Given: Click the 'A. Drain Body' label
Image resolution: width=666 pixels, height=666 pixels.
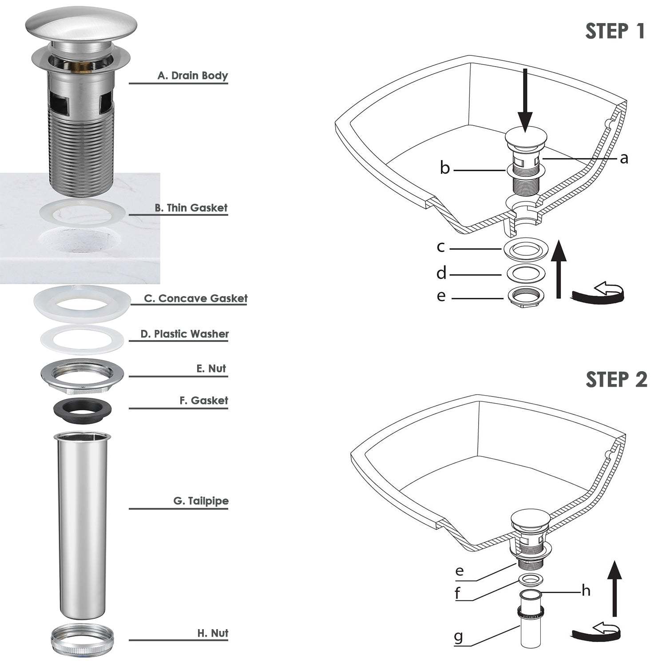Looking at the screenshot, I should tap(192, 75).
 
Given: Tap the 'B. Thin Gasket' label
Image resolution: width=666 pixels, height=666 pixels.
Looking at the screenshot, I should tap(191, 208).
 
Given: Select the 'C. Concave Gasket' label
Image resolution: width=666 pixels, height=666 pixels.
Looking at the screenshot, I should tap(195, 298).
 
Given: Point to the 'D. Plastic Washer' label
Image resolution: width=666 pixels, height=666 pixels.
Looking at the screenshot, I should tap(184, 334).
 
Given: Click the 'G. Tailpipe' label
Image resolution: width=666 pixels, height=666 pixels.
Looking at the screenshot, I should tap(201, 501).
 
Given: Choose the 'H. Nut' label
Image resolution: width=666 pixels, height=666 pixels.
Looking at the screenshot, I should tap(213, 633).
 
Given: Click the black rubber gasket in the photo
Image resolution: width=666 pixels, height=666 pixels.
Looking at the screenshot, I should tap(83, 409).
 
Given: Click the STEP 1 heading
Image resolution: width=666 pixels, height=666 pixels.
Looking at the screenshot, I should tap(614, 31).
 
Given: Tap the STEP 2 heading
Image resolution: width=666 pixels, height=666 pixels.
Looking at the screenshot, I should tap(616, 380).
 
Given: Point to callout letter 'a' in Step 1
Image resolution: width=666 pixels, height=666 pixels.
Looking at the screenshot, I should tap(624, 158).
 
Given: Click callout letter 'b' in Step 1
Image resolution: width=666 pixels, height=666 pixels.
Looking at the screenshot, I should tap(444, 169).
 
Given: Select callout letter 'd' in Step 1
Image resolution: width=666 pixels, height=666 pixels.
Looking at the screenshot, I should tap(441, 274).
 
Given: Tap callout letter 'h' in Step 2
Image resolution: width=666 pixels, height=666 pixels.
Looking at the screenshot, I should tap(586, 591).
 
